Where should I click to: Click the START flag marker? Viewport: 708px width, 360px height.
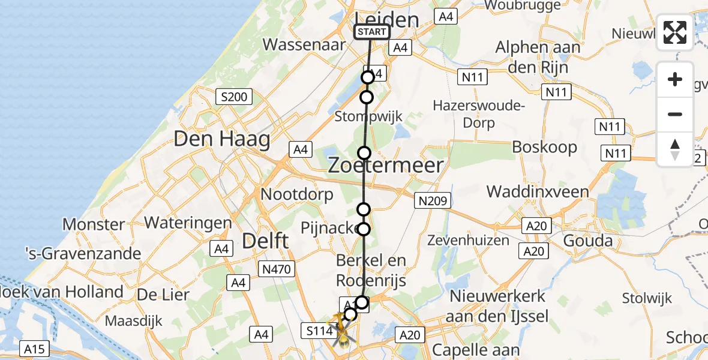point(372,32)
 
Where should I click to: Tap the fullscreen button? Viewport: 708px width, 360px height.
point(675,32)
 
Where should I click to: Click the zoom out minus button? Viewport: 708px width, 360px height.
point(675,114)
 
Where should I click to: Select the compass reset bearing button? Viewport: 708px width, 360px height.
point(675,149)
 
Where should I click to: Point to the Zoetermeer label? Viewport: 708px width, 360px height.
point(386,166)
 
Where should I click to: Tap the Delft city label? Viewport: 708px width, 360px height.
point(265,241)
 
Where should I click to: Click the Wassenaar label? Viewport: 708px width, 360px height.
point(304,44)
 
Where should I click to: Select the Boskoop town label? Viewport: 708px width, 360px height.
point(544,147)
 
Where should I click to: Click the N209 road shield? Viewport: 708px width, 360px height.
point(432,201)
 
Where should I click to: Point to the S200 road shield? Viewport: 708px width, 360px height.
point(235,97)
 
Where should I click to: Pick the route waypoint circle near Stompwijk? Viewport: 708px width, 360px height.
point(366,97)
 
